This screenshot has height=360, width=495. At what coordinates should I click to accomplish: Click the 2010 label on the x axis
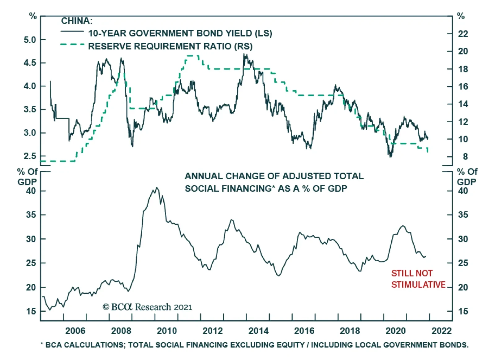167,331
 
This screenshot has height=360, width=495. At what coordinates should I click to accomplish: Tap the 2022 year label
441,331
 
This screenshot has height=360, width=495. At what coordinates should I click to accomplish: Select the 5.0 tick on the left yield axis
30,40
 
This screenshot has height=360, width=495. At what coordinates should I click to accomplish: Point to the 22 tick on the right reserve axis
463,34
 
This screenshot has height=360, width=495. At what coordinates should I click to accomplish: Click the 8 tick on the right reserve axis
465,157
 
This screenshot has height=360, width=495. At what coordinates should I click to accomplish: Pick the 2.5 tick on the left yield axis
30,156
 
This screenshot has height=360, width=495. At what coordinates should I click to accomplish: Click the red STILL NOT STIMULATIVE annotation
418,279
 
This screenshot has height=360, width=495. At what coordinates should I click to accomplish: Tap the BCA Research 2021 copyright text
147,307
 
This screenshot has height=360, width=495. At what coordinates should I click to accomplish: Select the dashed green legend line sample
72,45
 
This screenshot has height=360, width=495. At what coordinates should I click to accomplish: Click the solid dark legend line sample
72,32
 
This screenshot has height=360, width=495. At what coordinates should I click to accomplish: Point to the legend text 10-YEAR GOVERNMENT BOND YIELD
180,33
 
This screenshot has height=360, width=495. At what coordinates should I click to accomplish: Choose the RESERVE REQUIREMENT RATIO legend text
170,46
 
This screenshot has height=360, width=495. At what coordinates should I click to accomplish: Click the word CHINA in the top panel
76,21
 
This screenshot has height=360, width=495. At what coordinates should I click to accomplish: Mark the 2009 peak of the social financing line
157,188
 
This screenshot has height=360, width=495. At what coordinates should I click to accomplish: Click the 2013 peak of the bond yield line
244,54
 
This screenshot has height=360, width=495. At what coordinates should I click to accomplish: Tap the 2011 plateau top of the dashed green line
192,56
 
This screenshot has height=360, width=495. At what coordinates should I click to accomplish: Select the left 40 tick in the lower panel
31,191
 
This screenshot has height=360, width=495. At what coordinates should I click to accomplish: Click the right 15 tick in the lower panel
463,311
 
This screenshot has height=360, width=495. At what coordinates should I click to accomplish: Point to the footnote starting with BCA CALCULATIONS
254,345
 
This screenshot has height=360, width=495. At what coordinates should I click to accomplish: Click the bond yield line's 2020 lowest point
390,157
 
